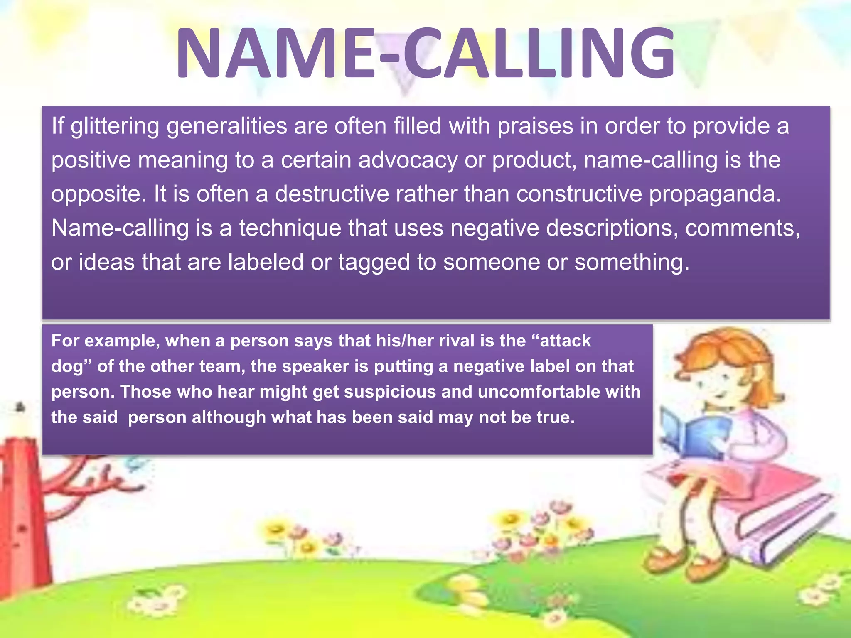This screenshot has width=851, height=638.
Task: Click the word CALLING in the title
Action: click(540, 53)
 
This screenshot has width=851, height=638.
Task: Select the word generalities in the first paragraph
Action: click(227, 126)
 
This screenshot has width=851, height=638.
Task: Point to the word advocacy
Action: click(408, 160)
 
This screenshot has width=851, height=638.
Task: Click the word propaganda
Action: click(715, 194)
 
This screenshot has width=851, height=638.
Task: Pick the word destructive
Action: click(332, 194)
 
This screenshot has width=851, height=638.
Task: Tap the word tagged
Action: click(374, 263)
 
